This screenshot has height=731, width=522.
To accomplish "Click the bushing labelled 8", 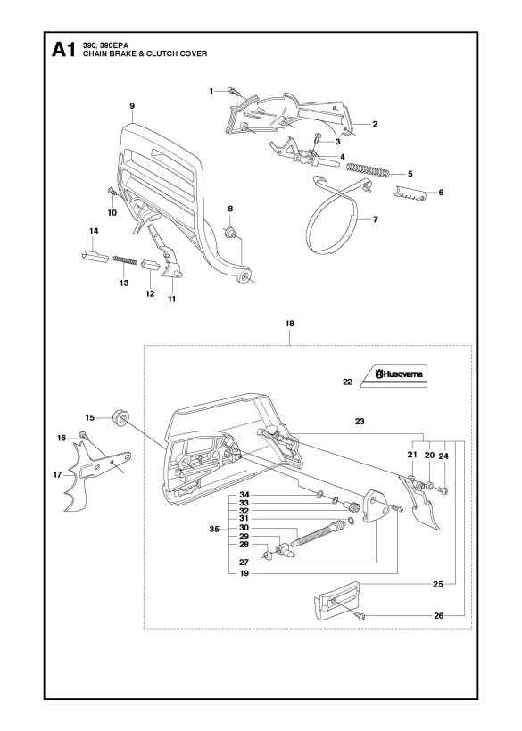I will click(x=231, y=234).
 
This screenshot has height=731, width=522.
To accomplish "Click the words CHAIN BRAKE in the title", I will click(x=114, y=54).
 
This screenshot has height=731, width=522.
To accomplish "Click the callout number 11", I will click(x=171, y=299).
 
